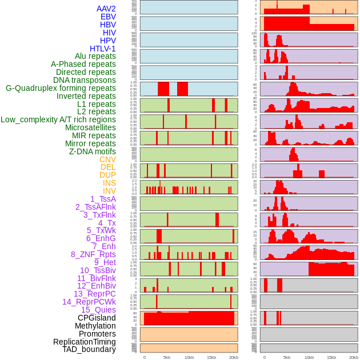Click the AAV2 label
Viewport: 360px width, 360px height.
click(106, 9)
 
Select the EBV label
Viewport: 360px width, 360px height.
click(108, 17)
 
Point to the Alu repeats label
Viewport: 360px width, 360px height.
click(95, 56)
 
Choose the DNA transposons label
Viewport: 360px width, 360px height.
click(85, 80)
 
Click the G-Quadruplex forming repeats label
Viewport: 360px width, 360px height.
click(61, 88)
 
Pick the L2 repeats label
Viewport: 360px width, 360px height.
click(96, 111)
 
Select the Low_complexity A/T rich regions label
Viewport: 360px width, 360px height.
click(58, 119)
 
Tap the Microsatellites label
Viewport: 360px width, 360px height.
click(90, 127)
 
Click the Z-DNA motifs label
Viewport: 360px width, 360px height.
click(92, 151)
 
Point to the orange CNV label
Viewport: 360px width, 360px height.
click(107, 159)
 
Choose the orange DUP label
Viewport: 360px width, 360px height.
click(107, 175)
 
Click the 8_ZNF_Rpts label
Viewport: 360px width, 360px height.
click(93, 254)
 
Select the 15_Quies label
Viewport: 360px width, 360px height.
click(98, 310)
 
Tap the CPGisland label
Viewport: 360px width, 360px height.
click(97, 318)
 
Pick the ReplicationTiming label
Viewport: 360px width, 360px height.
click(84, 342)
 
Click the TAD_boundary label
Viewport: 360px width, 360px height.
click(89, 349)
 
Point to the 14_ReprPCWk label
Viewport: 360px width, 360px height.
click(89, 302)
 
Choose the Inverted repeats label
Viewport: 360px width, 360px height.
click(86, 96)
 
